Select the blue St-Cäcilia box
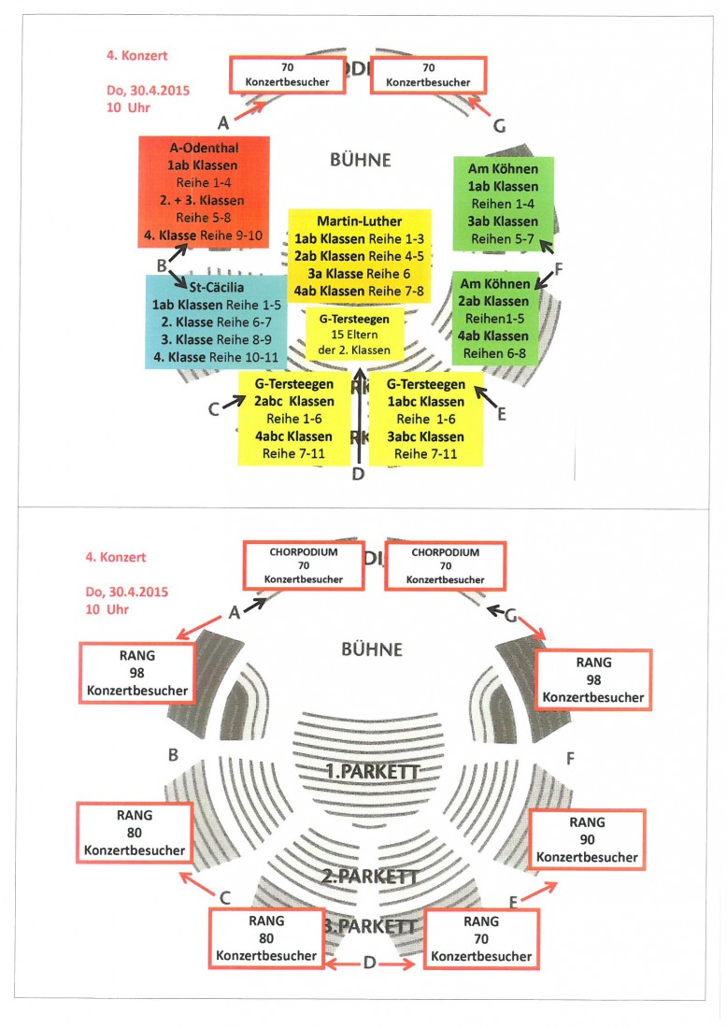216,321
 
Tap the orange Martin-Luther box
360,255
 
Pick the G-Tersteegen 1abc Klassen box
426,419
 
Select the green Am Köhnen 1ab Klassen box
503,204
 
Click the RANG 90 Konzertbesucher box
588,838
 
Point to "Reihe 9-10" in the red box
231,236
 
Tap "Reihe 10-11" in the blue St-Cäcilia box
245,355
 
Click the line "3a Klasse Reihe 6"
360,273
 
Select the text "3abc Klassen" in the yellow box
426,436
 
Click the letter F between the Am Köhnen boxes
560,266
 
